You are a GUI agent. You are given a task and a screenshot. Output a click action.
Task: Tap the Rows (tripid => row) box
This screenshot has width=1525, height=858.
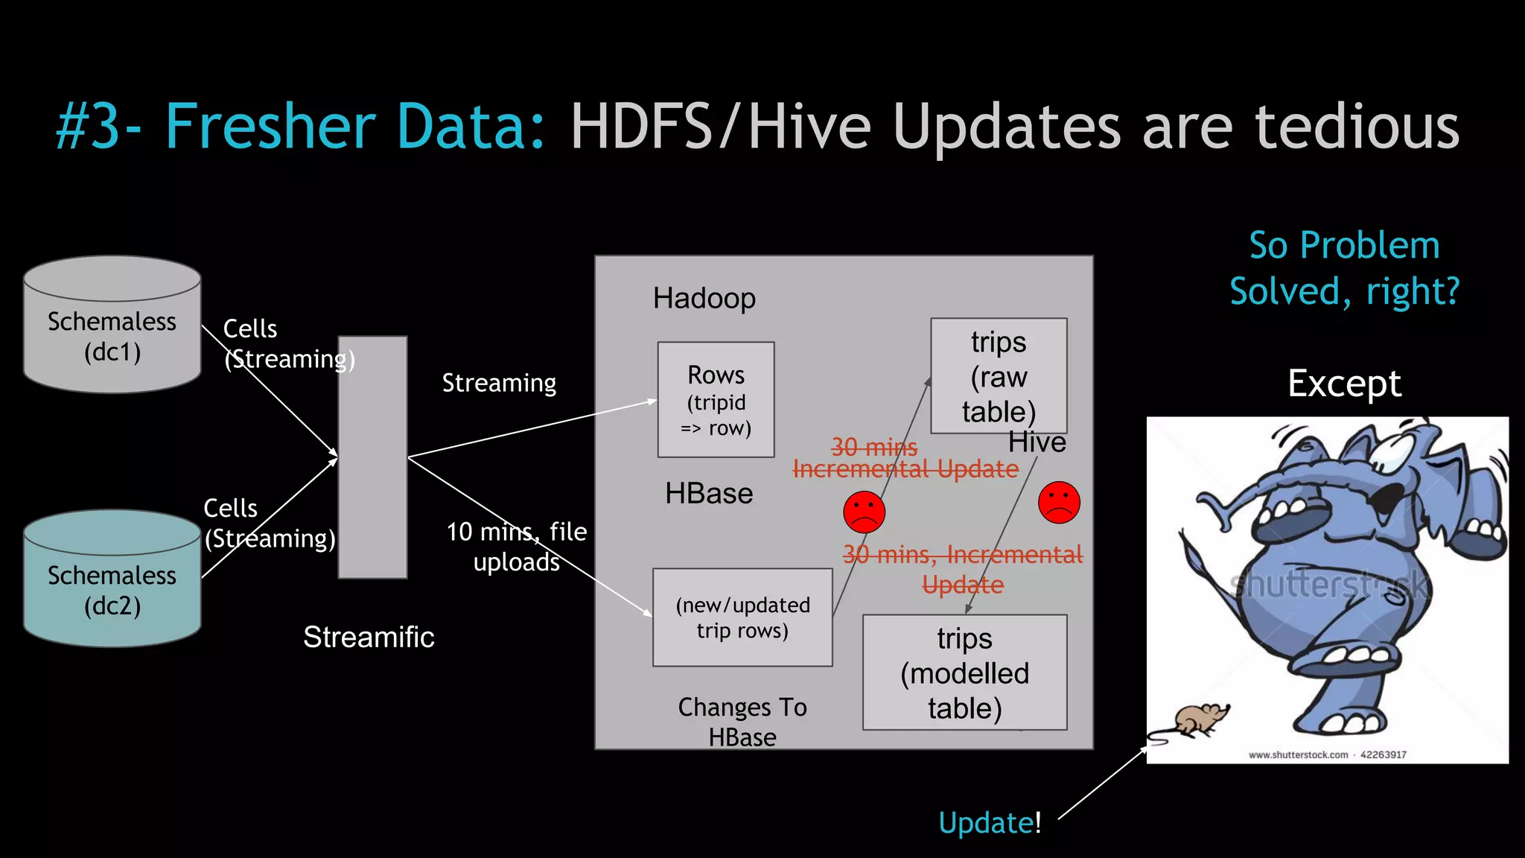tap(716, 400)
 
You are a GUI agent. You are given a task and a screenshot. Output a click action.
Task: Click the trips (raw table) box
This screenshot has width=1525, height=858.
tap(998, 376)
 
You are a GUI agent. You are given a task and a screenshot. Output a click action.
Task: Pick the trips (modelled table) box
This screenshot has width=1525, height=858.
tap(964, 673)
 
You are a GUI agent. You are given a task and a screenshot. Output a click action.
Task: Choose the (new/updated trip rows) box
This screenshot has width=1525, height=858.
tap(742, 617)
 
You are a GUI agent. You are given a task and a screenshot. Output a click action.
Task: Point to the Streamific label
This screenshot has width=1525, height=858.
tap(369, 638)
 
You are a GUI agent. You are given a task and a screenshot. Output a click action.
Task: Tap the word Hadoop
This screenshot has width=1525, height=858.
tap(704, 299)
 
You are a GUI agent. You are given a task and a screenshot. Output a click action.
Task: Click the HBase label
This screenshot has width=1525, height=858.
tap(709, 494)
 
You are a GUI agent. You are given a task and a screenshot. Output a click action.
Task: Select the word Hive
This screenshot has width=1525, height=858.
tap(1037, 443)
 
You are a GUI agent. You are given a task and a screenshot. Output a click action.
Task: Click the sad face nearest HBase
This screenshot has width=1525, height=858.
tap(864, 512)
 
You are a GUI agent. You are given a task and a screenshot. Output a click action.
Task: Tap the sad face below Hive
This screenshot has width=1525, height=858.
tap(1059, 503)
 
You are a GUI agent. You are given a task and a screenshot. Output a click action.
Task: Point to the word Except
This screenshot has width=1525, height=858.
tap(1344, 384)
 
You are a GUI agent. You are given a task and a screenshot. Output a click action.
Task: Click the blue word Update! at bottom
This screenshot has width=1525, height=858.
tap(990, 823)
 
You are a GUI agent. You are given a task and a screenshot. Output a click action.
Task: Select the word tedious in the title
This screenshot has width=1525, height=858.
tap(1357, 127)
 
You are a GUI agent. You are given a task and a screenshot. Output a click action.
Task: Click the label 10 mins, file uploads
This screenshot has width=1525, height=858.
tap(517, 547)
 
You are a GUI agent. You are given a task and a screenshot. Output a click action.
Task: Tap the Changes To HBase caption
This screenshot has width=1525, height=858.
tap(742, 722)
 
